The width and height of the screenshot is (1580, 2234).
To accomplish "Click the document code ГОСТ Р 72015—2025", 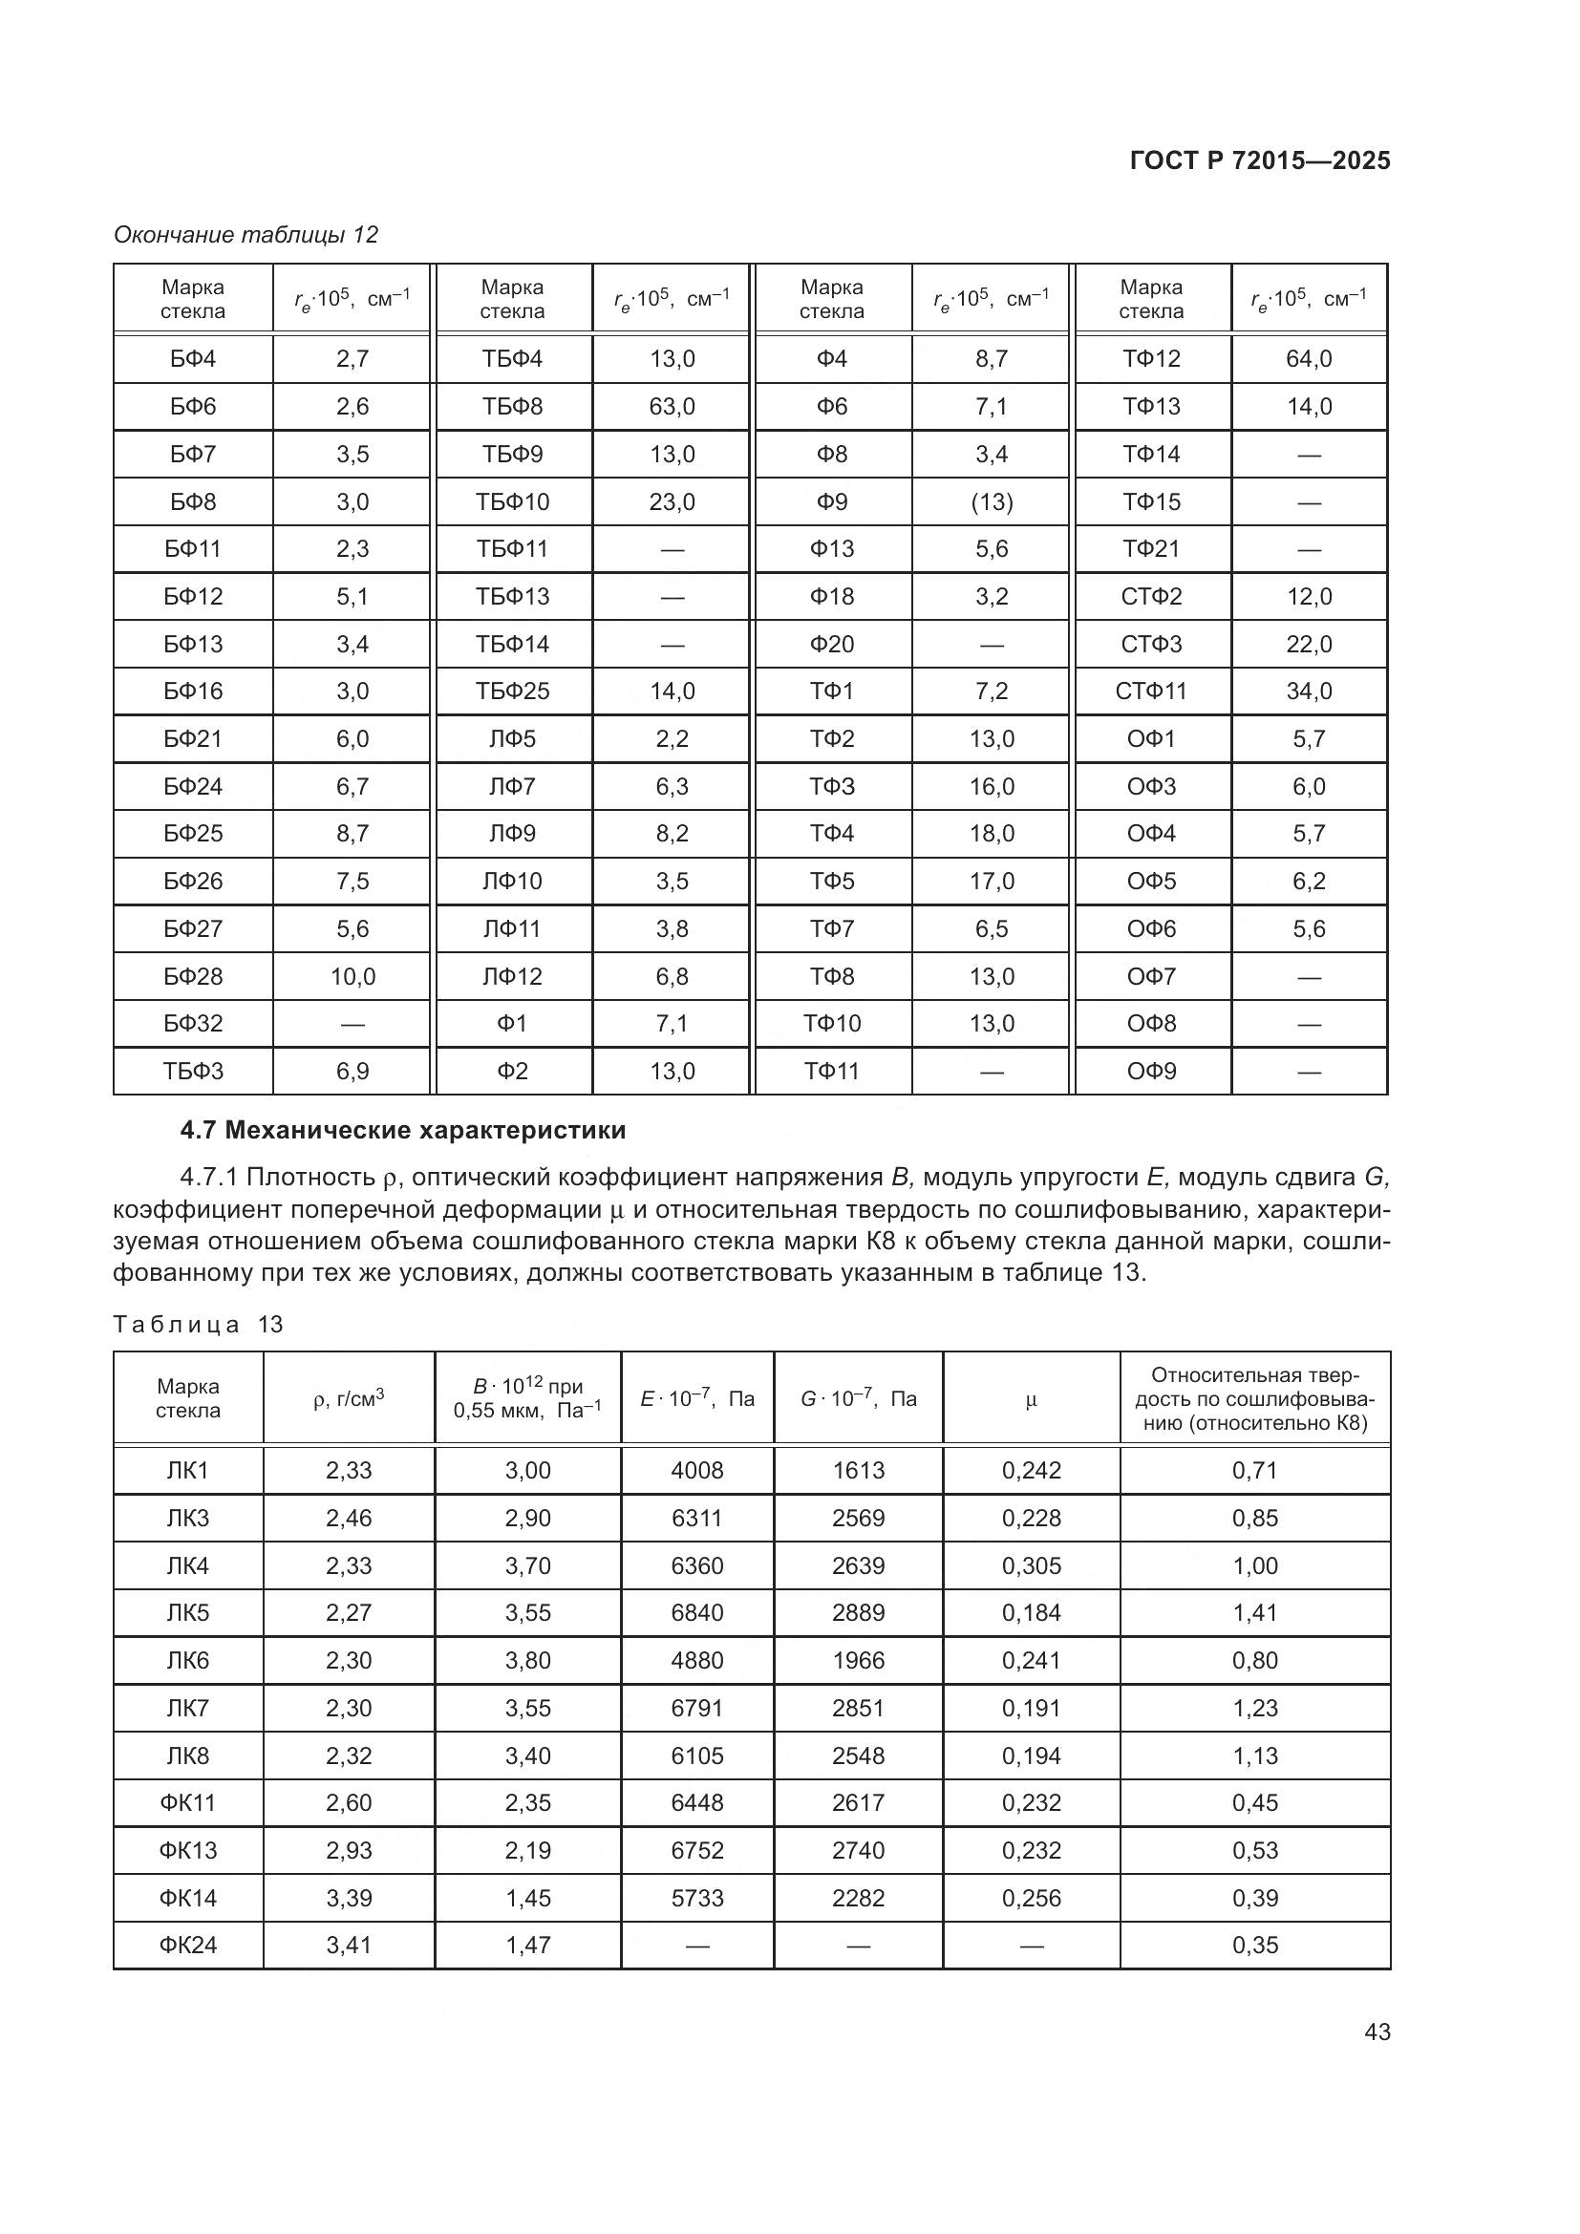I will coord(1259,160).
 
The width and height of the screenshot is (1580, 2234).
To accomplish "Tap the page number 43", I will coord(1377,2032).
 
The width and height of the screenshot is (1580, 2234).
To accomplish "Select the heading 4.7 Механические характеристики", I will coord(403,1131).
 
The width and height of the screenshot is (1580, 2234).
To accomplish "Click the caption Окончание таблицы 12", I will coord(246,235).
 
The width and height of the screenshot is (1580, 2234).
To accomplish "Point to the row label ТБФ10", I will coord(512,502).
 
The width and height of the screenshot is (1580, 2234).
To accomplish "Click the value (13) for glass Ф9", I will coord(992,502).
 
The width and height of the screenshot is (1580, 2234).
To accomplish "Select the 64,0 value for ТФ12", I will coord(1309,359).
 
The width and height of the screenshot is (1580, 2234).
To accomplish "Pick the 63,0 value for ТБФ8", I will coord(672,407).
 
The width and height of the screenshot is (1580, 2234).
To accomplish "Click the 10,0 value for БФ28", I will coord(352,977).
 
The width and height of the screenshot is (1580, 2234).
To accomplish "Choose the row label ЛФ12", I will coord(512,977).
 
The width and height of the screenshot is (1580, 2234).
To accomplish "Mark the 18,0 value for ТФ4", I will coord(992,834).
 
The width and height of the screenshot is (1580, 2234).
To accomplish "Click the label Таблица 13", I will coord(198,1324).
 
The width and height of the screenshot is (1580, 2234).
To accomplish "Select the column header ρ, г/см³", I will coord(349,1398).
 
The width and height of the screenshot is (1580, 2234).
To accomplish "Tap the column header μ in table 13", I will coord(1031,1399).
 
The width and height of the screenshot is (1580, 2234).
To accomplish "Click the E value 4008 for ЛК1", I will coord(696,1470).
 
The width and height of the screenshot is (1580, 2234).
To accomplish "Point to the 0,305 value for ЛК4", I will coord(1031,1565).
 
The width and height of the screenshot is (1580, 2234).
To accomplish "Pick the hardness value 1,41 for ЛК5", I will coord(1254,1613).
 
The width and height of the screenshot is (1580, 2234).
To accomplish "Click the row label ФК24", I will coord(188,1945).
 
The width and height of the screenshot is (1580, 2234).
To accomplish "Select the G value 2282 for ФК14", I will coord(857,1898).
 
